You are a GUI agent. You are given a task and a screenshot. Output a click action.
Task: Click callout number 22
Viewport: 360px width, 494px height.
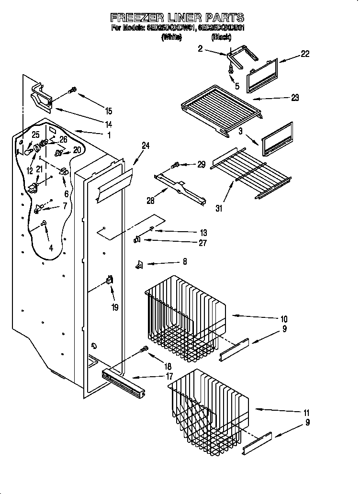pos(304,54)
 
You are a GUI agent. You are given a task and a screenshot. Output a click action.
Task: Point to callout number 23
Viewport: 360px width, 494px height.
pos(294,98)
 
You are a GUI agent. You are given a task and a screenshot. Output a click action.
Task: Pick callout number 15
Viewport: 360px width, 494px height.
pos(109,111)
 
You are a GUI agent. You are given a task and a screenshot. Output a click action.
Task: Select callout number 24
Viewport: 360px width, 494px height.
pos(146,146)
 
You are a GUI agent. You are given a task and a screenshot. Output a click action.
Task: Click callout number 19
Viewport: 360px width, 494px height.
pos(114,307)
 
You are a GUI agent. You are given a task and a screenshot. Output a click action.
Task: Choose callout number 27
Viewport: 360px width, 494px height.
pos(202,243)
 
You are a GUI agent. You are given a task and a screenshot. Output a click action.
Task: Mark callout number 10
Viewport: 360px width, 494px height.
pos(283,319)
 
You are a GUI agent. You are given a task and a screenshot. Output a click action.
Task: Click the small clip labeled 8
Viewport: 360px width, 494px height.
pos(140,264)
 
